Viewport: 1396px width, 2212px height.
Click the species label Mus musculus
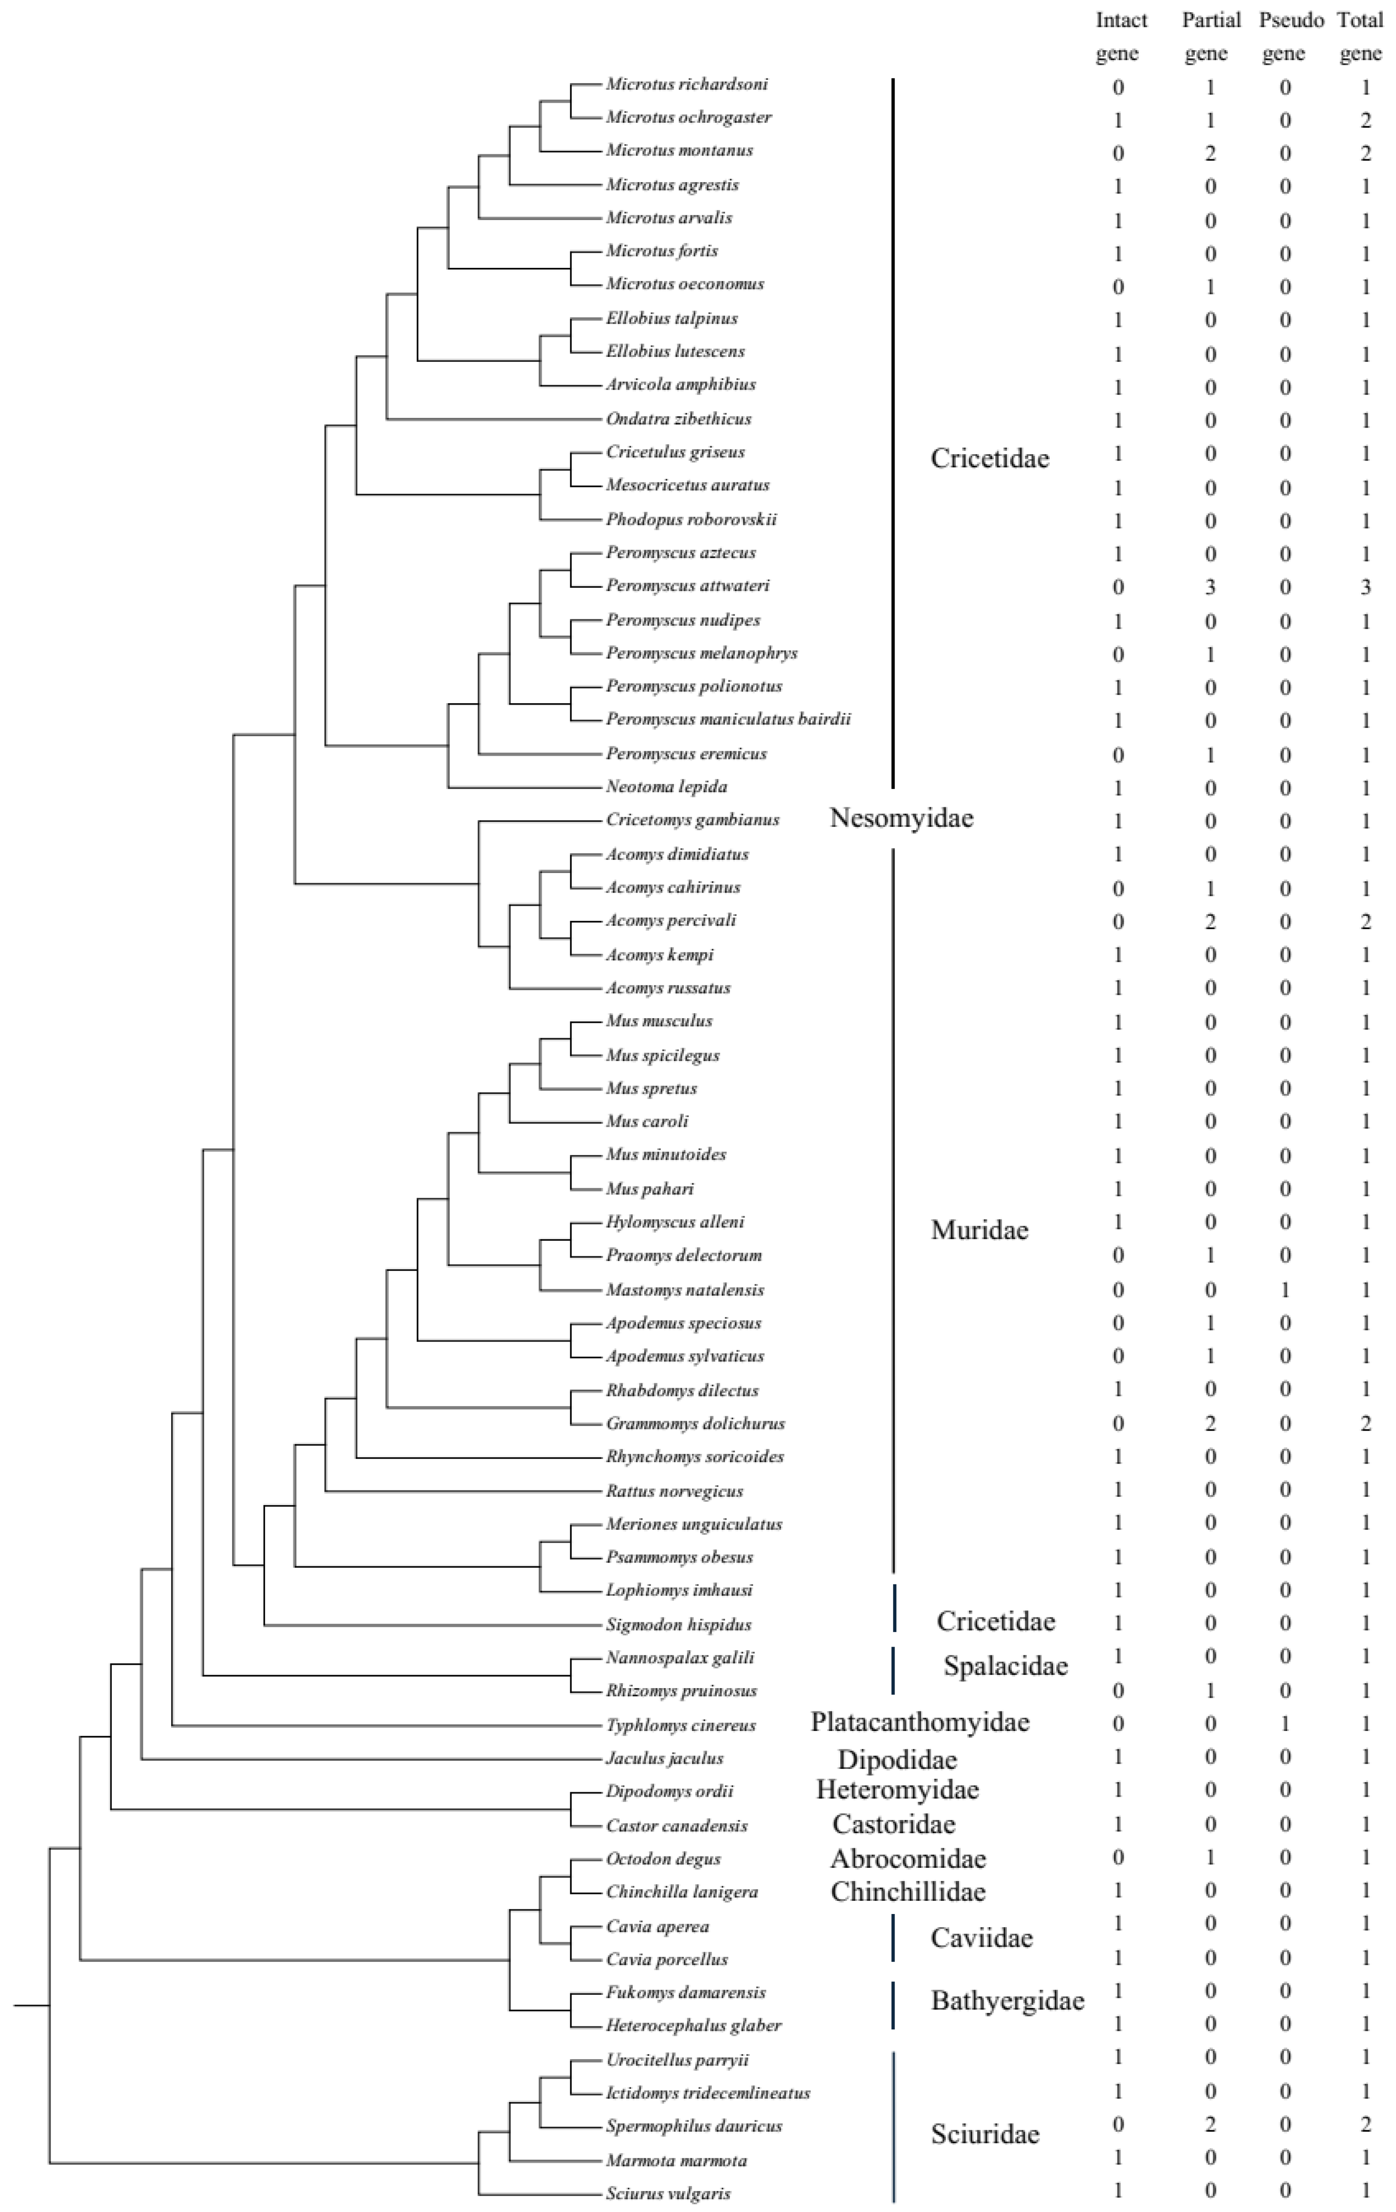pos(658,1020)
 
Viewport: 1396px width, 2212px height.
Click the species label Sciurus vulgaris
pos(668,2193)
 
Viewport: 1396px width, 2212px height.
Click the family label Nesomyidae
pos(901,817)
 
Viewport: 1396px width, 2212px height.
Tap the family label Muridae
pos(979,1230)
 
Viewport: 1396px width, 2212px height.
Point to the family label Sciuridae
pos(984,2133)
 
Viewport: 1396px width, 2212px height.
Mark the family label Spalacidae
pos(1005,1665)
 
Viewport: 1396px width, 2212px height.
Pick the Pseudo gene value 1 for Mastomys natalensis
pos(1285,1290)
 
